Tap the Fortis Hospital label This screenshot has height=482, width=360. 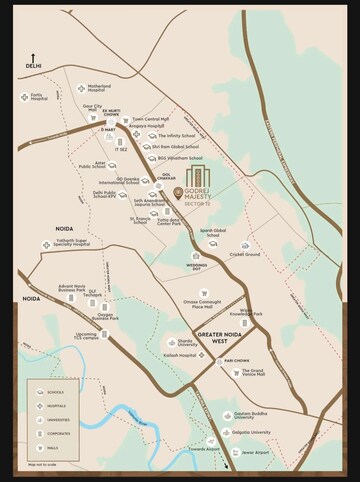click(39, 97)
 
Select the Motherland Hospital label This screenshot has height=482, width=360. click(99, 87)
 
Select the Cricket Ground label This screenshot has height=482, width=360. click(245, 254)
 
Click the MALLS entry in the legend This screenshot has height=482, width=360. click(51, 449)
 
